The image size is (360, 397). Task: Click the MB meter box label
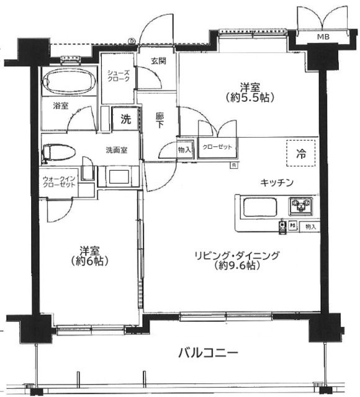coord(323,37)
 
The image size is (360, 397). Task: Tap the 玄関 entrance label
coord(159,61)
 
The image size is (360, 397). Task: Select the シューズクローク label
coord(119,76)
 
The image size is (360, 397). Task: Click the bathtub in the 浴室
coord(70,81)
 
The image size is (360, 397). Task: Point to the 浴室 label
coord(61,105)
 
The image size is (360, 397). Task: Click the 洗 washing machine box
coord(125,118)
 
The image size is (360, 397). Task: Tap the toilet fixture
coord(59,153)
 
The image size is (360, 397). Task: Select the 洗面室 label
coord(117,150)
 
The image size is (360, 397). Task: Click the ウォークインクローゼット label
coord(59,182)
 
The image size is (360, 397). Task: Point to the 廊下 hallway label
coord(160,120)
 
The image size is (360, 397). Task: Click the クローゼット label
coord(217,147)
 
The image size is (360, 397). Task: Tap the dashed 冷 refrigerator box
coord(301,153)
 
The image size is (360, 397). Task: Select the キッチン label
coord(277,182)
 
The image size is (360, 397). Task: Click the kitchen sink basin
coord(260,207)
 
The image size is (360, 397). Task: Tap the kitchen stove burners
coord(300,205)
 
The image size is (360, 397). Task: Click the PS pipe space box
coord(293,225)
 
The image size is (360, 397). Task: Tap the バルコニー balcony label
coord(209,353)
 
